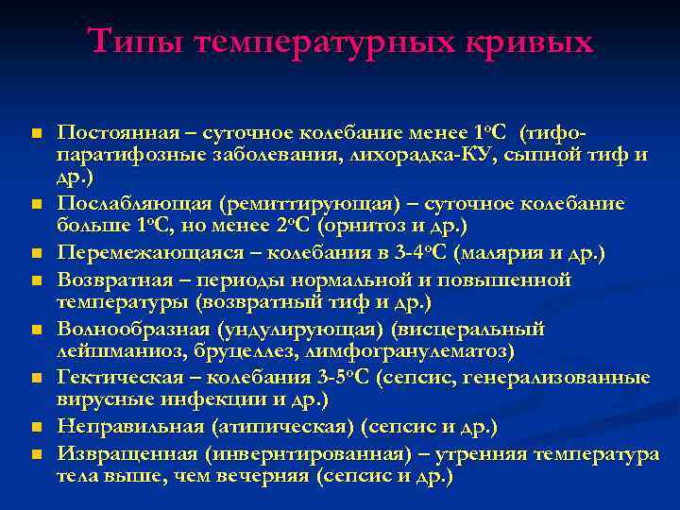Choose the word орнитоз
[371, 228]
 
